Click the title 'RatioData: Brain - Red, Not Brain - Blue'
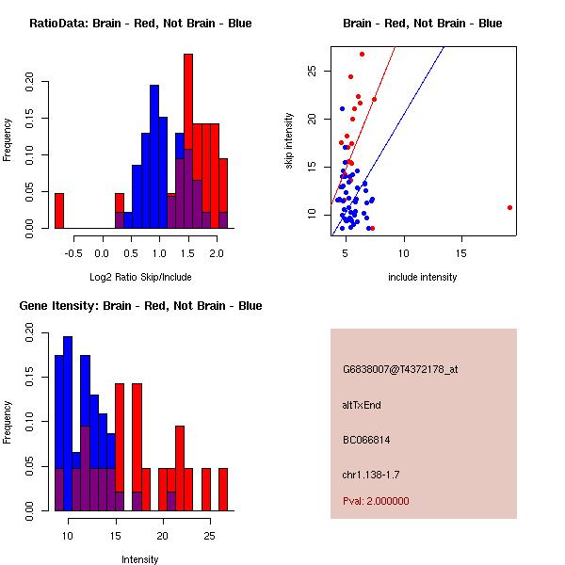(140, 24)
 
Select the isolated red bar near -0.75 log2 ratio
(59, 210)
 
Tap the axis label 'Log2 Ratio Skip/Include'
(140, 277)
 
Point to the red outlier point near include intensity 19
(509, 207)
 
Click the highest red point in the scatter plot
(362, 54)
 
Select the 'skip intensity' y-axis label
(289, 141)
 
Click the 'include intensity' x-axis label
(423, 277)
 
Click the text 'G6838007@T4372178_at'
(400, 370)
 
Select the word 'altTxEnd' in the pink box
(362, 405)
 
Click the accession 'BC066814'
(366, 440)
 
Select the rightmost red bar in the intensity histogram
(223, 489)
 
